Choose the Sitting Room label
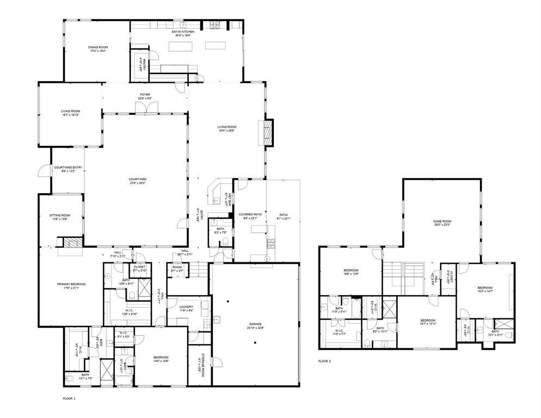(x=60, y=217)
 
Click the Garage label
(x=255, y=325)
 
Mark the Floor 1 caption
(x=70, y=399)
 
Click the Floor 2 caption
(x=324, y=361)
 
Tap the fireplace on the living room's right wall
(x=268, y=132)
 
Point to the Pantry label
(x=140, y=65)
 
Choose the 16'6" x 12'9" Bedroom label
(x=351, y=272)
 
